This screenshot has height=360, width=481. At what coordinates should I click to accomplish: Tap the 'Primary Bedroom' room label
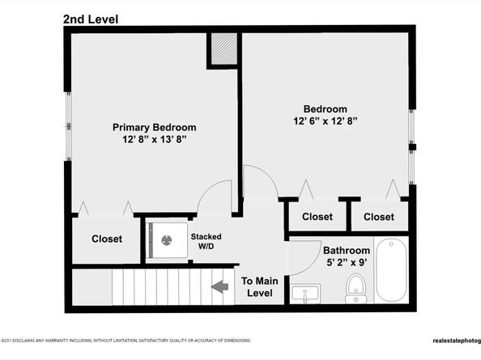tap(154, 127)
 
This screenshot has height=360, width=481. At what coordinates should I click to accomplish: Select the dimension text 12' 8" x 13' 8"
tap(154, 141)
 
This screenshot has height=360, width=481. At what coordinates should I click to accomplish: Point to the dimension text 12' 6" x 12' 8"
tap(325, 121)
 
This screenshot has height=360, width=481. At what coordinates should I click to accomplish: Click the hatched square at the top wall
tap(223, 50)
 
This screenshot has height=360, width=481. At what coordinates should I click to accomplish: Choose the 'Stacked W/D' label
tap(206, 241)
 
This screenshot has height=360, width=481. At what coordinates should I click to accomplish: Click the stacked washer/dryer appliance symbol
tap(167, 239)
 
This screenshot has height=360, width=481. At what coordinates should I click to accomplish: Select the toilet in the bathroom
tap(355, 287)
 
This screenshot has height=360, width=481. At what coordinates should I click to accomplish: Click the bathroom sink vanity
tap(305, 293)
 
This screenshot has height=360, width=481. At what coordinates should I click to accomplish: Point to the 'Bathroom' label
tap(347, 251)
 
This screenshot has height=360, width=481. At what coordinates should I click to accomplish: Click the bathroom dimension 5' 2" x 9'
tap(347, 263)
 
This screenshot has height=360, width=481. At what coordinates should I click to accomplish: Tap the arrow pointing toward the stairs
tap(218, 286)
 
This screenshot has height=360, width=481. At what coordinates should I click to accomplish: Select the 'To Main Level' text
tap(260, 286)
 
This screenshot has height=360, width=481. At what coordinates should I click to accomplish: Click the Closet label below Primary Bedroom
tap(107, 239)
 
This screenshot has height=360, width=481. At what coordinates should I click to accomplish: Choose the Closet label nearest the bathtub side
tap(378, 217)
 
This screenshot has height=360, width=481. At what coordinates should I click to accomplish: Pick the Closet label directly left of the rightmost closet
tap(317, 217)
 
